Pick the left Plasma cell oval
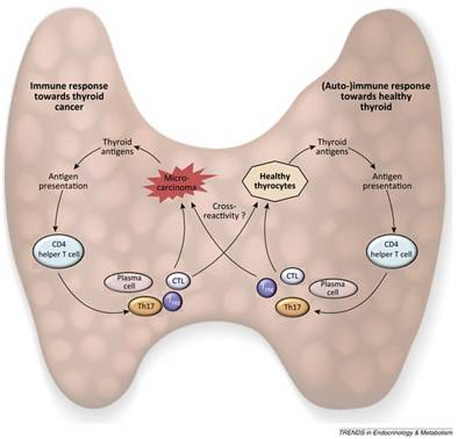pyautogui.click(x=129, y=281)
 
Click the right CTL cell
pyautogui.click(x=291, y=275)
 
